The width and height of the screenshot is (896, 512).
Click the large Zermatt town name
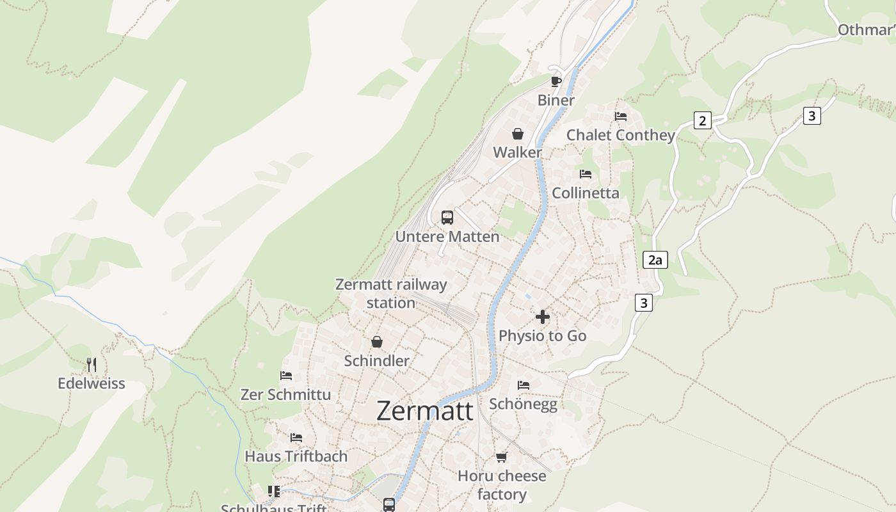tap(425, 411)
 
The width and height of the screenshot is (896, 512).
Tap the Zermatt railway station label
tap(391, 293)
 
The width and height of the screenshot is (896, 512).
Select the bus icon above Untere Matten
tap(447, 217)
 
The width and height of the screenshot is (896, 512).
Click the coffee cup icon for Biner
tap(556, 81)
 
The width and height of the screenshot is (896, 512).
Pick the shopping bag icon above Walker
tap(517, 134)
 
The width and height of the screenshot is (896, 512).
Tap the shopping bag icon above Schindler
tap(377, 342)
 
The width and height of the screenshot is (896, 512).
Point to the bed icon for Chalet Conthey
tap(621, 116)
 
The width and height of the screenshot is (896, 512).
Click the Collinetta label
tap(586, 193)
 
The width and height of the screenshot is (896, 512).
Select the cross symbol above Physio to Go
tap(543, 317)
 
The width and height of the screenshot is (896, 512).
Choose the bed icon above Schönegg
tap(524, 385)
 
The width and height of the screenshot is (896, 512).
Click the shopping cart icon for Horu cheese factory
tap(502, 457)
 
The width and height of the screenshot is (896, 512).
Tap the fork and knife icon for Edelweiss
tap(92, 365)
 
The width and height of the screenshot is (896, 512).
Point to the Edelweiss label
tap(92, 383)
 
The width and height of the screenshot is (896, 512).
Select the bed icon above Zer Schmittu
tap(286, 376)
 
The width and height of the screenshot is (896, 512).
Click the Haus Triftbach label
tap(296, 456)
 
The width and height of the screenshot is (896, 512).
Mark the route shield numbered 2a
tap(655, 260)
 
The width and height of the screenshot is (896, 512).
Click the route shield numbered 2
tap(703, 120)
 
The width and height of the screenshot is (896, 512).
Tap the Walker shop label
tap(517, 152)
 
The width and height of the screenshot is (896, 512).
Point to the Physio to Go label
tap(543, 335)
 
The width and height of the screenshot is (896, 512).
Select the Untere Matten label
tap(447, 236)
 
